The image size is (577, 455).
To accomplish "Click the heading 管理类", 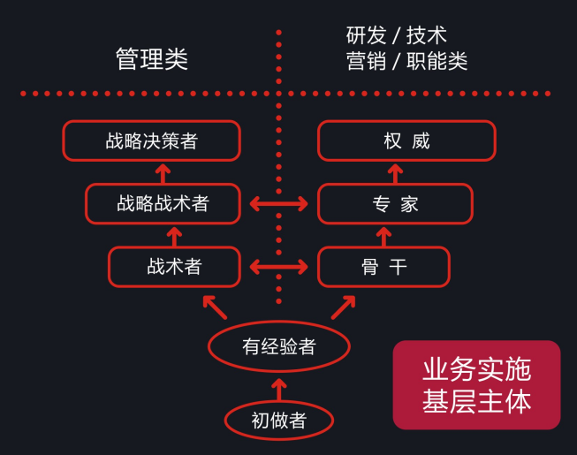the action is [x=152, y=59].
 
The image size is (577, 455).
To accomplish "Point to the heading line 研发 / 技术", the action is [x=397, y=35].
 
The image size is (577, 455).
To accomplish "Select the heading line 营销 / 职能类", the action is [x=406, y=61].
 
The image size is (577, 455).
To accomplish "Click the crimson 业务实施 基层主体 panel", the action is [x=476, y=384].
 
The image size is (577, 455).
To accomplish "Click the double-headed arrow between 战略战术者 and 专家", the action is [x=279, y=204].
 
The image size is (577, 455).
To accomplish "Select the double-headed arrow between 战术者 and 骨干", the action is [x=279, y=267].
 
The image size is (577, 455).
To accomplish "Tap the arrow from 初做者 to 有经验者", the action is [x=279, y=390].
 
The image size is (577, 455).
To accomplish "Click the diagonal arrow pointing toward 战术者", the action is [x=215, y=307].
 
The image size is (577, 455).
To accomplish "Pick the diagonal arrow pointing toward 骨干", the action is [x=344, y=307].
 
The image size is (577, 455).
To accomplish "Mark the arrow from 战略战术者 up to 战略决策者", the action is [x=163, y=173].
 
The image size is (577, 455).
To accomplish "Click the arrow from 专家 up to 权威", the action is [x=395, y=173].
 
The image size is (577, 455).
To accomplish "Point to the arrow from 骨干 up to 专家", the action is [x=383, y=237].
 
